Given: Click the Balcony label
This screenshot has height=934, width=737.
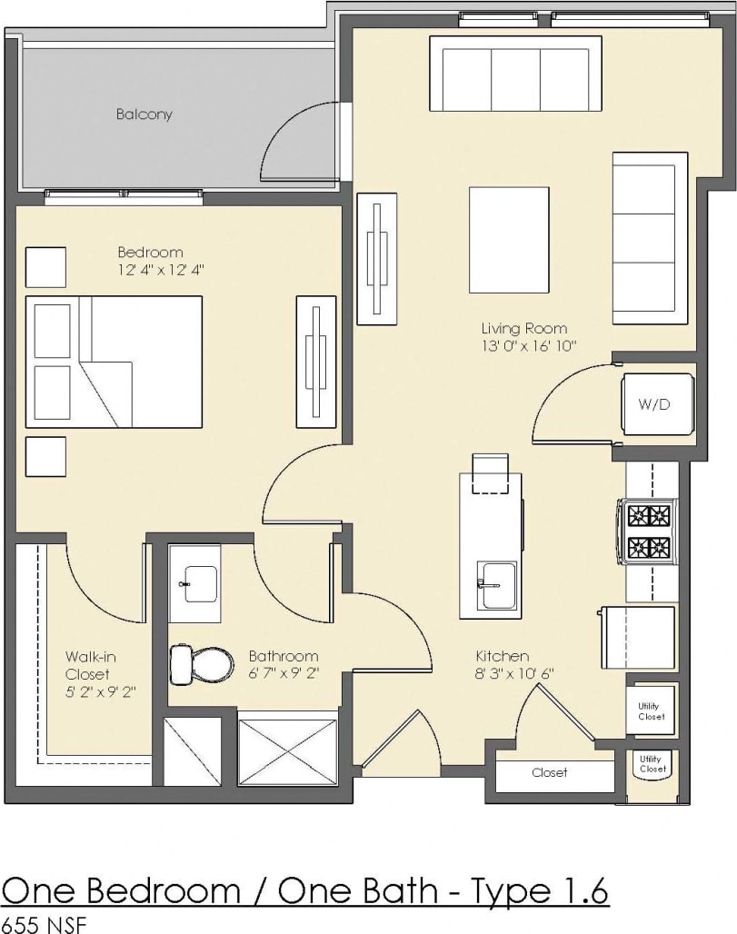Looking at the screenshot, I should point(144,114).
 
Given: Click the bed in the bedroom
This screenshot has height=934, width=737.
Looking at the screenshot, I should point(114,362).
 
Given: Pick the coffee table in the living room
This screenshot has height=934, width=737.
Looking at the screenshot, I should point(508,240).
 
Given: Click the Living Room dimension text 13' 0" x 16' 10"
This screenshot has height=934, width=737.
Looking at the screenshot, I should point(530,346).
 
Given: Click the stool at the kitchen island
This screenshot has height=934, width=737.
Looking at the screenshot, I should point(491,473).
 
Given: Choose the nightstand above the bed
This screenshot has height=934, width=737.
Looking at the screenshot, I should point(45,266).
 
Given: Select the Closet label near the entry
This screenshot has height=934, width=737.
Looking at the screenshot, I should point(549,772).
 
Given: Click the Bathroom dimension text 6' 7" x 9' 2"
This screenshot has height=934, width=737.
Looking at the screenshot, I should point(284,673).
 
